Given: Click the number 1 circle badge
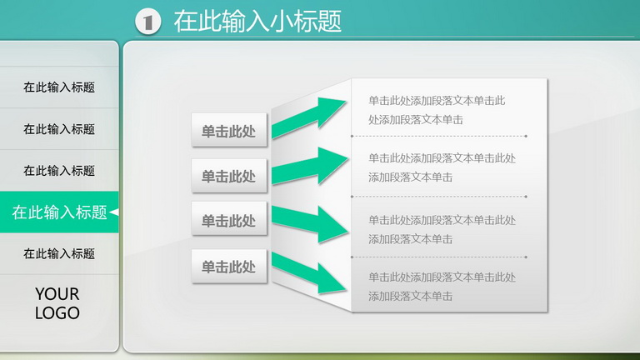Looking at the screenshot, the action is pos(147,21).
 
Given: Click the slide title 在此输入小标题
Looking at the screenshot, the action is pos(257,21).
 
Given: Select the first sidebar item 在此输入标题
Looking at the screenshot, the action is pos(59,87).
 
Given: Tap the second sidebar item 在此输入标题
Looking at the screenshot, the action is pos(59,129).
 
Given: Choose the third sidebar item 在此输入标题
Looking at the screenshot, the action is pos(59,171).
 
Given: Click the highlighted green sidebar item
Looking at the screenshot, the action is pos(59,212).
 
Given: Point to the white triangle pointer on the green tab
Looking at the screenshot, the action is pos(114,212).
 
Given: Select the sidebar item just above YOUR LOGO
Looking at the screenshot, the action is pos(59,254).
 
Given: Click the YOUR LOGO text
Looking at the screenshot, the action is pos(57,303).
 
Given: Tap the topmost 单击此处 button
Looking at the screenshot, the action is pos(229,130).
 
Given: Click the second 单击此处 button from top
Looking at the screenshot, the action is pos(229,176).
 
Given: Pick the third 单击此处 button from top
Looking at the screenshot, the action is pos(229,219).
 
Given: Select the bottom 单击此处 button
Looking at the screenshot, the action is pos(229,266).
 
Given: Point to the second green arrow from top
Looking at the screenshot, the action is pos(310,166).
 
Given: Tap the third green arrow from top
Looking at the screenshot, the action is pos(310,223).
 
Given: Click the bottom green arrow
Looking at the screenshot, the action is pos(309,272).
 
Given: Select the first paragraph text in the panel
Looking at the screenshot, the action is pos(437,110).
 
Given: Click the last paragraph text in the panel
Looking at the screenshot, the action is pos(442,287).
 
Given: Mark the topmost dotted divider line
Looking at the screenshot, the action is pos(439,136).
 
